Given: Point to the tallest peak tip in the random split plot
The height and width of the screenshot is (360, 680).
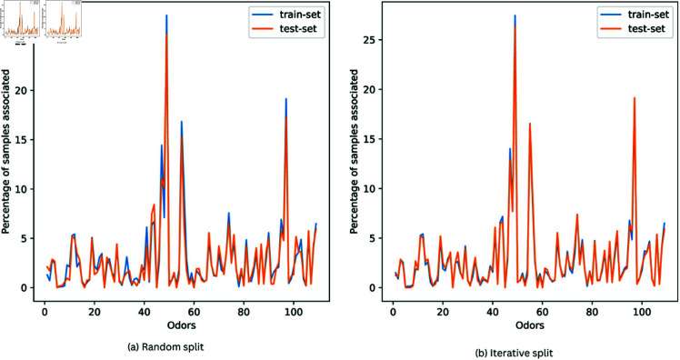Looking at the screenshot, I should point(166,15).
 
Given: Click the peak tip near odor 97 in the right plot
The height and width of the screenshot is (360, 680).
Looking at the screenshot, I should point(634,97).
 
